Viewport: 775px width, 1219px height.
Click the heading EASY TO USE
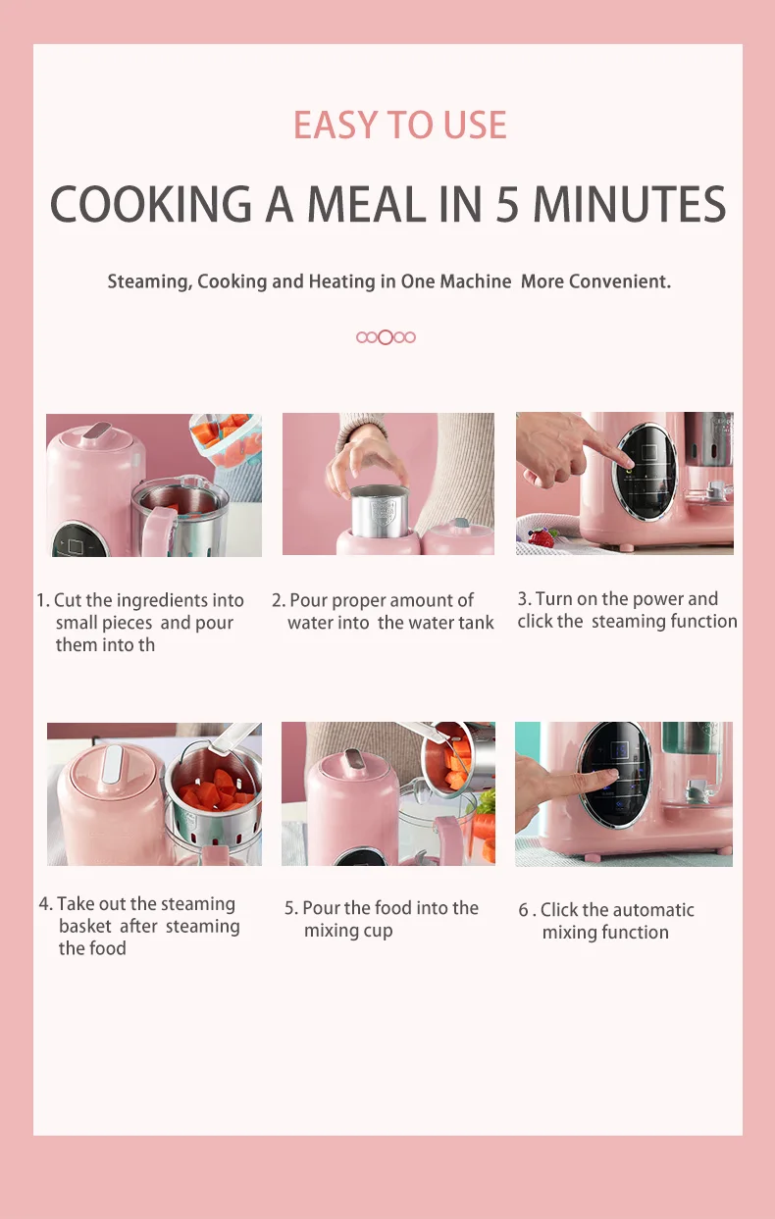coord(400,126)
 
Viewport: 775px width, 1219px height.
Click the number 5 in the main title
coord(506,204)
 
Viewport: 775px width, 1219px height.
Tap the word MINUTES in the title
coord(629,204)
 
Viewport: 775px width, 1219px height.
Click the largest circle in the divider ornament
coord(386,337)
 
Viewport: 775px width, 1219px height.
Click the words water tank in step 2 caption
coord(451,623)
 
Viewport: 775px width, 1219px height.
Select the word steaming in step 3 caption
coord(628,622)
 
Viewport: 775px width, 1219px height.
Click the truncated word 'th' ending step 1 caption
coord(146,645)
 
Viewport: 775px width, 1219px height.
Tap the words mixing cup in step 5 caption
coord(348,932)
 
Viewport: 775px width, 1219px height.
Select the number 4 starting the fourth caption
coord(44,904)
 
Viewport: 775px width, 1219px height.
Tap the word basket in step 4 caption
coord(85,927)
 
